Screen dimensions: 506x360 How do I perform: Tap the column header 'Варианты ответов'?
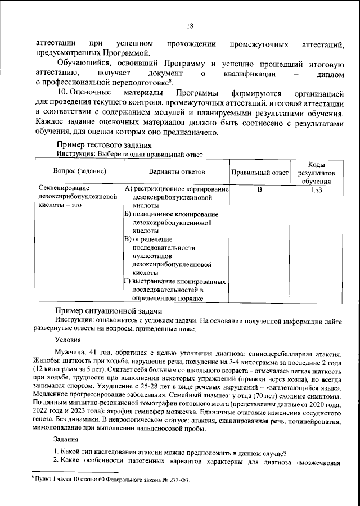click(x=177, y=171)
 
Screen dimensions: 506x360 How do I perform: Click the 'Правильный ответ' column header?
click(x=260, y=171)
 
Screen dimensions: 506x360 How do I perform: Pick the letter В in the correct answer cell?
click(x=260, y=189)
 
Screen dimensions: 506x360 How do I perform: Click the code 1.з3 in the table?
click(x=316, y=189)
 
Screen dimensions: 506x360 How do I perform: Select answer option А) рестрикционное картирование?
click(x=176, y=189)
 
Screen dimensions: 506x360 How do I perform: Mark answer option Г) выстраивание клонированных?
click(x=175, y=281)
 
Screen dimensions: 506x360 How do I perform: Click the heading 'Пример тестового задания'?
click(x=101, y=145)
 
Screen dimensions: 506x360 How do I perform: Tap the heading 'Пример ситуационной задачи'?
click(x=108, y=311)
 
